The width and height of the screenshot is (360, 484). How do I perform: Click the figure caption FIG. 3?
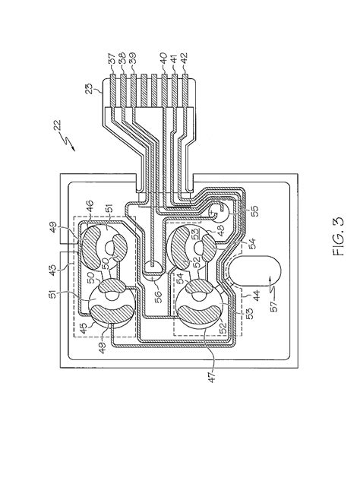pyautogui.click(x=339, y=236)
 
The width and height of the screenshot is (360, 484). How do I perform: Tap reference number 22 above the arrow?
pyautogui.click(x=58, y=127)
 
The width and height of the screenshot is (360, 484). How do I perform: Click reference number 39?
pyautogui.click(x=134, y=59)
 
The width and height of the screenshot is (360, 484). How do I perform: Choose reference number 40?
pyautogui.click(x=163, y=59)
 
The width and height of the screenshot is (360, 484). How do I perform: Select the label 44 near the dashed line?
pyautogui.click(x=257, y=292)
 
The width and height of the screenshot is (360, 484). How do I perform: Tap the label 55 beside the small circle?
pyautogui.click(x=256, y=210)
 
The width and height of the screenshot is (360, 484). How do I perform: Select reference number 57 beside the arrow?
pyautogui.click(x=273, y=306)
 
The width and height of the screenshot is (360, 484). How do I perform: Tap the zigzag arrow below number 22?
pyautogui.click(x=69, y=142)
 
